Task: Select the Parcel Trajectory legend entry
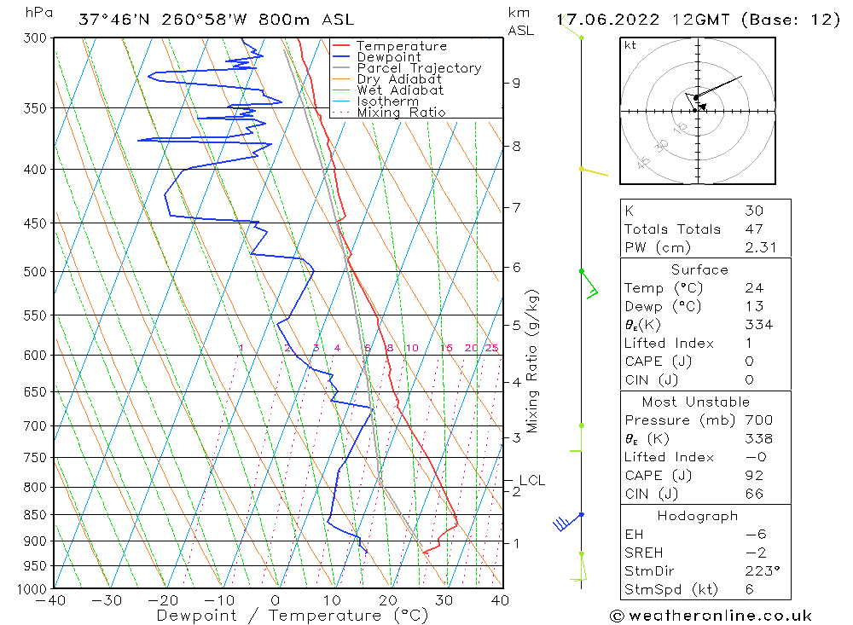(418, 68)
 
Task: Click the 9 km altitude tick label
(516, 83)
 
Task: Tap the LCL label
(531, 481)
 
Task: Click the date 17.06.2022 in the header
(601, 20)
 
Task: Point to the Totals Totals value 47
(753, 229)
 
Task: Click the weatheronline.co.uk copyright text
(711, 616)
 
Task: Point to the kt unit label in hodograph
(630, 45)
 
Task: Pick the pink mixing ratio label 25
(491, 348)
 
